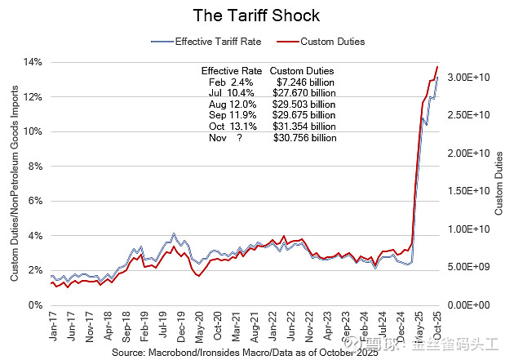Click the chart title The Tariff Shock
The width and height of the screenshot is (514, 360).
(x=256, y=15)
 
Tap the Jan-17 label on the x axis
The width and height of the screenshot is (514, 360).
(x=53, y=324)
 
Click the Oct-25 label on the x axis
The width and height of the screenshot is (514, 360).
(x=438, y=324)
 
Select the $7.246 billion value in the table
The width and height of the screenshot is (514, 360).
(x=305, y=82)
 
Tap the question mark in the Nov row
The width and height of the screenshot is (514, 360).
(x=240, y=138)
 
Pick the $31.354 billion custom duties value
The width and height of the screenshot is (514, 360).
(x=305, y=127)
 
